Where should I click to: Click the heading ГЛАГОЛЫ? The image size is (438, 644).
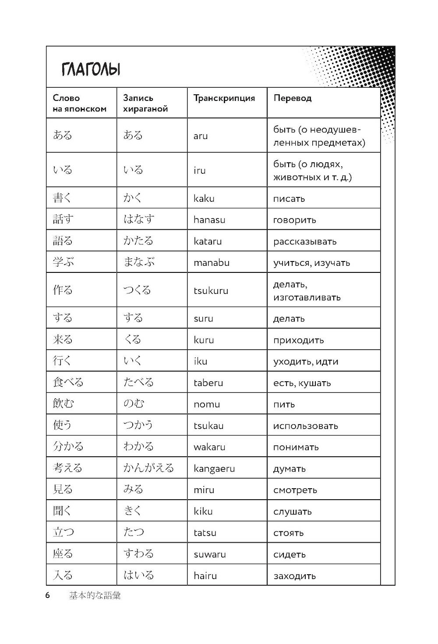click(x=91, y=69)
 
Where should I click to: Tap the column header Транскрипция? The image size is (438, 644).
click(x=224, y=98)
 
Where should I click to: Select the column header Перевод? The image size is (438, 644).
click(x=292, y=98)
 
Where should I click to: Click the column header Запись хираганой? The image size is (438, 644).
click(x=145, y=104)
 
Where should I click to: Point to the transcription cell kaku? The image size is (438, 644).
click(x=204, y=198)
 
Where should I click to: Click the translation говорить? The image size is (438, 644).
click(x=294, y=220)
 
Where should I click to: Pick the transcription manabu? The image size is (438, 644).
click(x=211, y=263)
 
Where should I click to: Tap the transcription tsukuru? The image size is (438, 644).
click(x=211, y=290)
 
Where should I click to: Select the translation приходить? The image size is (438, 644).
click(x=298, y=340)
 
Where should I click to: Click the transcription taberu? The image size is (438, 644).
click(x=208, y=383)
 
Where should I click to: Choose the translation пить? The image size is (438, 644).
click(x=284, y=404)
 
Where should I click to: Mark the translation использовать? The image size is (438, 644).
click(x=305, y=426)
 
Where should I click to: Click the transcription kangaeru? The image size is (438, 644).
click(x=214, y=469)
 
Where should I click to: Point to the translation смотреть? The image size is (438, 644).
click(x=295, y=490)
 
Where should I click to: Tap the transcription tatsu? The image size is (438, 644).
click(x=205, y=533)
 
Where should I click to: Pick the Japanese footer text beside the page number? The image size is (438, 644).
click(x=95, y=596)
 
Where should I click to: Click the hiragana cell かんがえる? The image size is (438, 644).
click(x=148, y=468)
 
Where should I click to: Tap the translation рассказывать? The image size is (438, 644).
click(x=305, y=241)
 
